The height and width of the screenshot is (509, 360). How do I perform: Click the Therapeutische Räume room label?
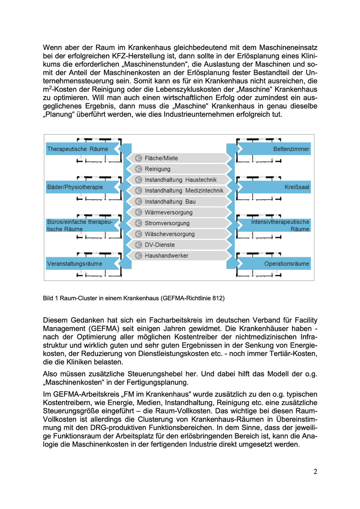[78, 149]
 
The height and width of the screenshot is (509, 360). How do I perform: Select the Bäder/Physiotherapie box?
[75, 187]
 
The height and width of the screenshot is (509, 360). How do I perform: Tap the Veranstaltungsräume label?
[75, 264]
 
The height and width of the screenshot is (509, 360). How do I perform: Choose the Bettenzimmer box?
[291, 149]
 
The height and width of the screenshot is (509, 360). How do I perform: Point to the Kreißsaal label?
[297, 187]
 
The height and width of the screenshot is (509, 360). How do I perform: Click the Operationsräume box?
[287, 264]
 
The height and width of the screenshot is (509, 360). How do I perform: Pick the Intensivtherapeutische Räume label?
[280, 225]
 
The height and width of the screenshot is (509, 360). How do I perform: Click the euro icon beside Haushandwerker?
[138, 256]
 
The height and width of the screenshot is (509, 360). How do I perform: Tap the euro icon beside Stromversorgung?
[138, 223]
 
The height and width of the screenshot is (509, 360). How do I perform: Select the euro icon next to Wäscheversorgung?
[138, 234]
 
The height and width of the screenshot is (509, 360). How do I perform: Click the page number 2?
[315, 471]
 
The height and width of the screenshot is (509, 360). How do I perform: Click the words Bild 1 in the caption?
[50, 298]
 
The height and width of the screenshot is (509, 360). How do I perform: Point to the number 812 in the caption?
[217, 298]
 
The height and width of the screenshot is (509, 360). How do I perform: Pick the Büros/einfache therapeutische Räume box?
[80, 225]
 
